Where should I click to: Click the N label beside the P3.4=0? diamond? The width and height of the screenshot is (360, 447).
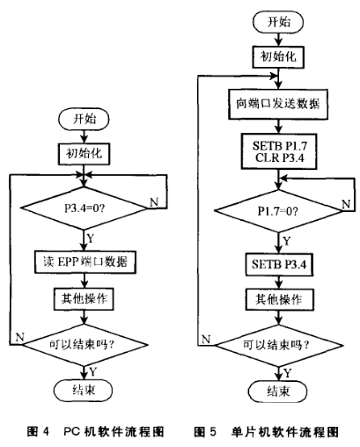[155, 202]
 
